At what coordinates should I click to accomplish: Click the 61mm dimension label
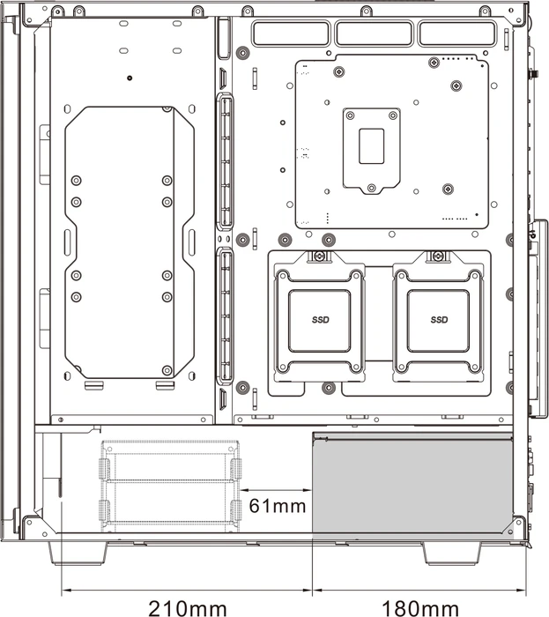coord(278,506)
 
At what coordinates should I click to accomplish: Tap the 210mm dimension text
coord(188,608)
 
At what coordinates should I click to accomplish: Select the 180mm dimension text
coord(420,608)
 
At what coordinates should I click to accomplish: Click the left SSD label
coord(321,320)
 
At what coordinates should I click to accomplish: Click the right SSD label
coord(439,320)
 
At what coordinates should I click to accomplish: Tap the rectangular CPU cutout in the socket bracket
coord(371,146)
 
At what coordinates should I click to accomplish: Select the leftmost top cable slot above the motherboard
coord(291,33)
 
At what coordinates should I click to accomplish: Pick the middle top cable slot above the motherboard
coord(374,33)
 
